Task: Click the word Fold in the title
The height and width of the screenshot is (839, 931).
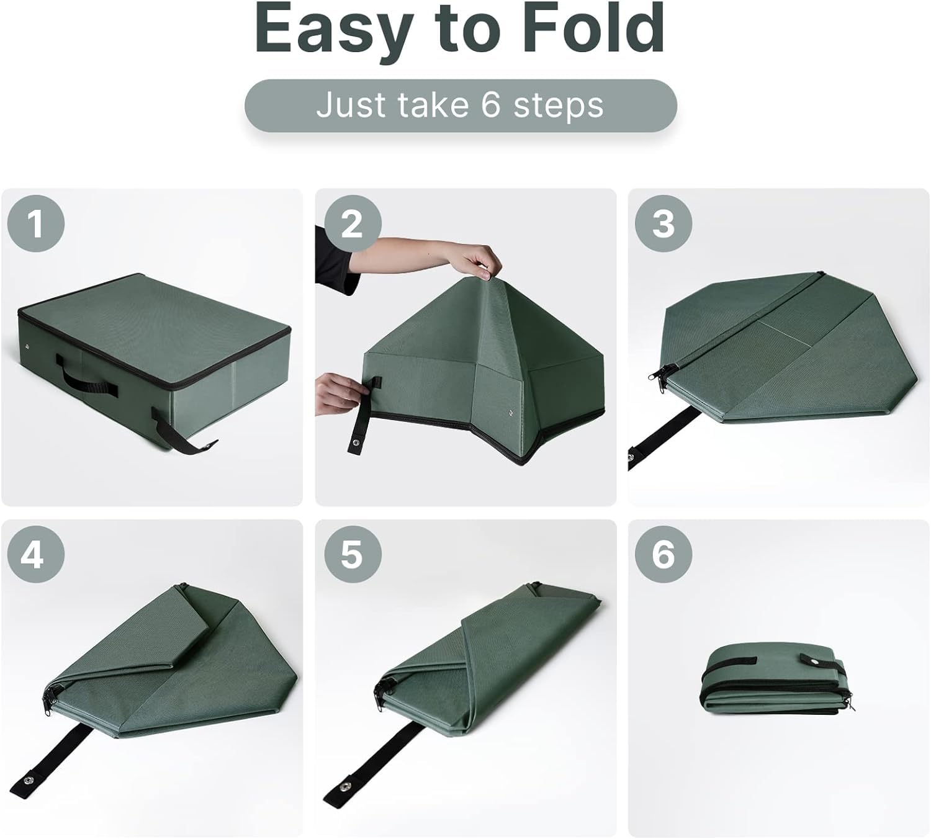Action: point(593,29)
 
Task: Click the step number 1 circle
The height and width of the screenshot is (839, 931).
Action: point(36,223)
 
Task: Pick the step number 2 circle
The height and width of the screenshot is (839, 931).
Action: point(351,223)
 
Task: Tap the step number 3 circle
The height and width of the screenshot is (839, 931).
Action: point(663,223)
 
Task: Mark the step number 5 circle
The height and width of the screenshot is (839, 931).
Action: point(351,554)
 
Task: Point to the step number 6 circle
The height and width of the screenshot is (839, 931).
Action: point(663,554)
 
